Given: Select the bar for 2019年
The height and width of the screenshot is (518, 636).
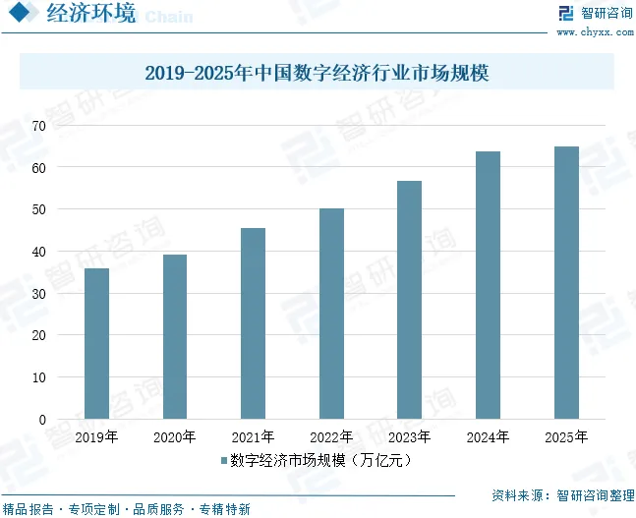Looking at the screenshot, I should [96, 343].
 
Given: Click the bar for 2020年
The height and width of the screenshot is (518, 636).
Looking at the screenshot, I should [174, 336].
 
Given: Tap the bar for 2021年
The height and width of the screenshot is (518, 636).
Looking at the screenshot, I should [253, 323].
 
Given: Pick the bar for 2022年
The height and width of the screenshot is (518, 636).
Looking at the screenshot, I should [331, 314].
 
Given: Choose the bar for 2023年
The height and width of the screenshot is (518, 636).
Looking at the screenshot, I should [409, 300].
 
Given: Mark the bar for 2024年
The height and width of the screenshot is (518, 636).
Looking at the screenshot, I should [488, 285].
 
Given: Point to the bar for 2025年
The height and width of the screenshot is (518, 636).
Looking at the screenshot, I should [566, 282].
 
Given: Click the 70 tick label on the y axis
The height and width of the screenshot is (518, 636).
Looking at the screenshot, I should [38, 126].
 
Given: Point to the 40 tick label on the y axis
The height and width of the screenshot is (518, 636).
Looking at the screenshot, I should [38, 252].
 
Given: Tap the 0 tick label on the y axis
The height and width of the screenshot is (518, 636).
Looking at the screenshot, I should [42, 420].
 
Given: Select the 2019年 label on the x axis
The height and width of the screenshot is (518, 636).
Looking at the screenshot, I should [96, 437].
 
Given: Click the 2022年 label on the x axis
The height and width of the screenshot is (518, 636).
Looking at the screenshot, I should [331, 437].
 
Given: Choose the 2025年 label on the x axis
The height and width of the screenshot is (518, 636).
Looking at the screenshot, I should [566, 437].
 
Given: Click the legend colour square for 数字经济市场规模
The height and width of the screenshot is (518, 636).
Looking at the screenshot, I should [224, 460].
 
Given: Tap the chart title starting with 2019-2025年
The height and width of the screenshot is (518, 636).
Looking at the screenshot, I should [317, 73].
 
